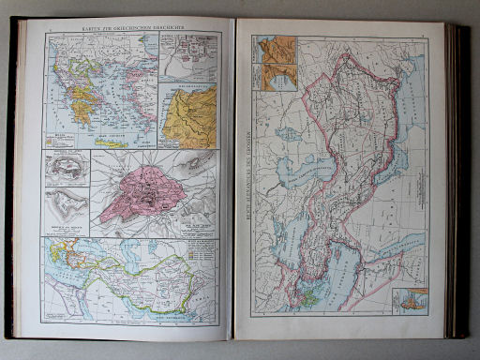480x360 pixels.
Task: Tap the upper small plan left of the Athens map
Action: click(x=67, y=170)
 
